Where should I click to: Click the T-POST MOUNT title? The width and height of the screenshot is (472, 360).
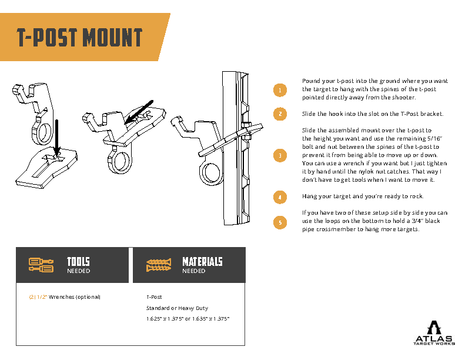coord(79,38)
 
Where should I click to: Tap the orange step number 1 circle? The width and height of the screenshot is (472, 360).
coord(280,90)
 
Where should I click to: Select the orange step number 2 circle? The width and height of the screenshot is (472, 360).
coord(280,114)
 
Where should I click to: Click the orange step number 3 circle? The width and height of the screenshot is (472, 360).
coord(280,155)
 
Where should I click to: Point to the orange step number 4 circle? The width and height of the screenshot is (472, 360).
coord(280,196)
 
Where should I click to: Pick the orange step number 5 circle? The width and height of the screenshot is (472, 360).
coord(280,222)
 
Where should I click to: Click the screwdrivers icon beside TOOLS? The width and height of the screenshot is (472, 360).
coord(41,265)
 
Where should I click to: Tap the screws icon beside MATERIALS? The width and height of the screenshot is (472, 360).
coord(159,265)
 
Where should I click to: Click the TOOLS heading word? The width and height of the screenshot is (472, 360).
coord(78,262)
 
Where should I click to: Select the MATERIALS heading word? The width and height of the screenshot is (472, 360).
coord(202,262)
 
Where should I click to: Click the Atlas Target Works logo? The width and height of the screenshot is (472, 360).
coord(434,334)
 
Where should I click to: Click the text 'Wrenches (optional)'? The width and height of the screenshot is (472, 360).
coord(75,297)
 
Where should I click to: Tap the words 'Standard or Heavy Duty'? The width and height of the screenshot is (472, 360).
coord(177,308)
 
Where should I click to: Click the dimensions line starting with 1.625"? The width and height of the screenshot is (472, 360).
coord(188,319)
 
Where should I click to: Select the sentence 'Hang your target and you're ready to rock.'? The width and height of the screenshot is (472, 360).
coord(362,196)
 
